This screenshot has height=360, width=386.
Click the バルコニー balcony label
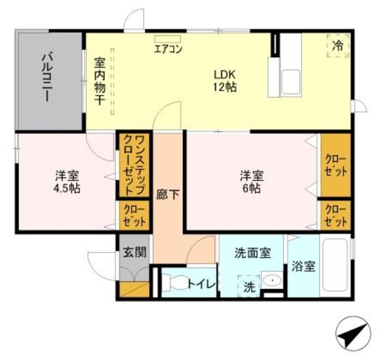click(x=48, y=80)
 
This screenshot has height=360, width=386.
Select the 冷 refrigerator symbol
click(x=339, y=45)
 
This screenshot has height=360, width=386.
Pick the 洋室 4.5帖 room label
click(x=67, y=182)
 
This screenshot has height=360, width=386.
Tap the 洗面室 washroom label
click(x=252, y=254)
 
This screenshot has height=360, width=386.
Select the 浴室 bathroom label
click(x=303, y=266)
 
